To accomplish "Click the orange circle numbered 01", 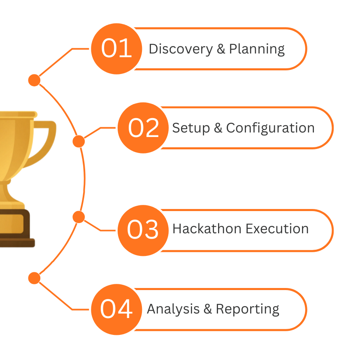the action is pos(116,49).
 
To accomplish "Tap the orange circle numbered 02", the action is pos(143,128).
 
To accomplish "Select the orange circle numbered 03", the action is pos(143,230).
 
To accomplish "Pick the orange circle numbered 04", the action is pos(116,309).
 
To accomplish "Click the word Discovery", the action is pos(181,49).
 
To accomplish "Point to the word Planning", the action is pos(257,49).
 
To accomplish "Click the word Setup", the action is pos(191,128).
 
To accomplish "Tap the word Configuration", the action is pos(270,128).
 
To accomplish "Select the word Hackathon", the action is pos(207,229).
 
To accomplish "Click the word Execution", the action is pos(277,229).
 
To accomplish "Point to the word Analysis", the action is pos(173,309).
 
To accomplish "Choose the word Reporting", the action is pos(248,309).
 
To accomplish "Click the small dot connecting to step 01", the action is pos(34,80).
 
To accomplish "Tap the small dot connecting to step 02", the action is pos(79,141).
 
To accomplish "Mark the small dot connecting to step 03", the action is pos(79,217).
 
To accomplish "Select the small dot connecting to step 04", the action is pos(34,278).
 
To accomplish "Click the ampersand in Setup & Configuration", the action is pos(218,128).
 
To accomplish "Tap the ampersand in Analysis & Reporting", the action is pos(208,309).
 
